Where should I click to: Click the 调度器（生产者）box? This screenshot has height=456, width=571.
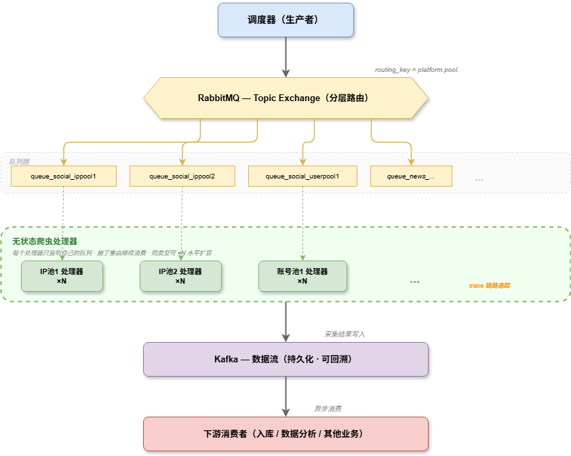(x=285, y=20)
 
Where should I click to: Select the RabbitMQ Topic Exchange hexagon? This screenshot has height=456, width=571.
(x=285, y=98)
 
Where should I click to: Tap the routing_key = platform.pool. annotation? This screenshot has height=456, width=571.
(x=417, y=70)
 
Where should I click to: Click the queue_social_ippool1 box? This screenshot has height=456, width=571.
(x=64, y=176)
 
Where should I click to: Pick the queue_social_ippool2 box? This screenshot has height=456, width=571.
(x=182, y=176)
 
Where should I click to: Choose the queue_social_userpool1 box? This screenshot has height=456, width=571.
(x=302, y=176)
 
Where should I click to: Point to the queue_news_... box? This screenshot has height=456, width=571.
(x=411, y=176)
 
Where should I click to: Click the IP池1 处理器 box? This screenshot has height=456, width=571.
(x=62, y=276)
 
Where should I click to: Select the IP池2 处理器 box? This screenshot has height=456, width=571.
(x=180, y=276)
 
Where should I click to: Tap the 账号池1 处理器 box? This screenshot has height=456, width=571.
(x=302, y=276)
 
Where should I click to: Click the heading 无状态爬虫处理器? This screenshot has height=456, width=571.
(x=45, y=241)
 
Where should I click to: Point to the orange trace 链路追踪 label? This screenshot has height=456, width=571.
(x=489, y=286)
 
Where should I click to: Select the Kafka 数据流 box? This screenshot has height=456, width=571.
(x=285, y=359)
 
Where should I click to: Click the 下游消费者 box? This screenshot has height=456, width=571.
(x=285, y=434)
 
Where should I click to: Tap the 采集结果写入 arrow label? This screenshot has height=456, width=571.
(x=344, y=335)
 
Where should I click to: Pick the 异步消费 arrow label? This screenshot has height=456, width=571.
(x=328, y=409)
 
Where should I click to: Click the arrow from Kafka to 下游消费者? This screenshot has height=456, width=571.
(x=285, y=396)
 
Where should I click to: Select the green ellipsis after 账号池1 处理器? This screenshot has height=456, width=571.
(x=415, y=282)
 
